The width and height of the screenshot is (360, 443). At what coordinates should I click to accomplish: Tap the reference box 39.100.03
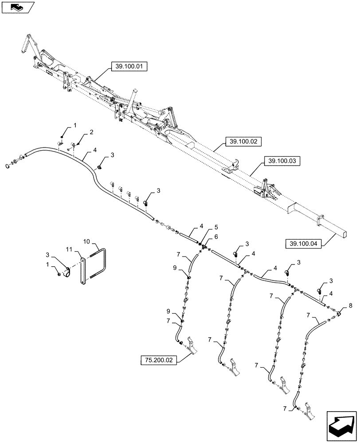(x=282, y=161)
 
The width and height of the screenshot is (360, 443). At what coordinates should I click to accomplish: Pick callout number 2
(x=91, y=132)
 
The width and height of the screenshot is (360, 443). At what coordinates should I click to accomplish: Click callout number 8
(x=350, y=305)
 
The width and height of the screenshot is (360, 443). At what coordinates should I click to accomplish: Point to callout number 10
(x=87, y=241)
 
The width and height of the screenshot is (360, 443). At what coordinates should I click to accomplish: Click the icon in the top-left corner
(x=18, y=7)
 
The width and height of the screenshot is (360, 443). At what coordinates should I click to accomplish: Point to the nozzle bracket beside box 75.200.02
(x=191, y=346)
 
